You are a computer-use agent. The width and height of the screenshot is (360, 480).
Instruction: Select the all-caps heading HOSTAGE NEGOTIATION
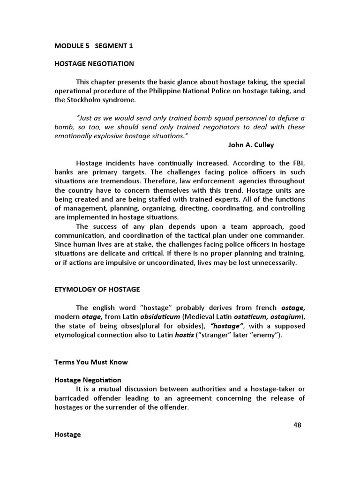click(x=94, y=63)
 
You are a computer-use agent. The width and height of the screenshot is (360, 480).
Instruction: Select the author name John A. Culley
click(x=251, y=145)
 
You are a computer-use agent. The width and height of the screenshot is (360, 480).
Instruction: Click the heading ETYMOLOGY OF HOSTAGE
click(x=97, y=290)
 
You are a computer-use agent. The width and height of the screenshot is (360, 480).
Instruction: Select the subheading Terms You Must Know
click(x=91, y=362)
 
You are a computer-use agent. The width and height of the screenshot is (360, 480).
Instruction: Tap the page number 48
click(x=297, y=425)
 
